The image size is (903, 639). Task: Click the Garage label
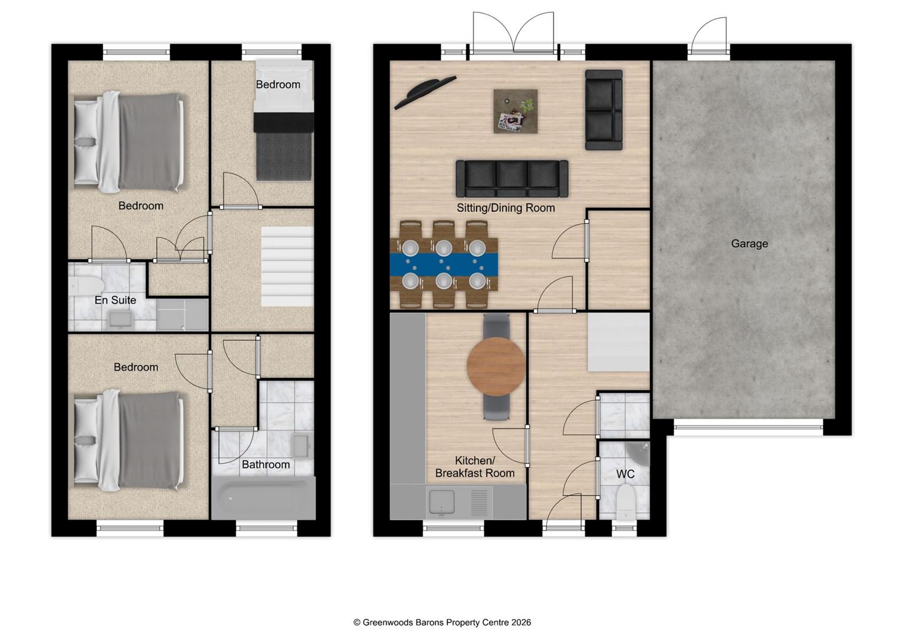coord(749,243)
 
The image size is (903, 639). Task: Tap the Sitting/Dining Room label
coord(506,208)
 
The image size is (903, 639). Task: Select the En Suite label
coord(115,300)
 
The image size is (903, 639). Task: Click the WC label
coord(625,474)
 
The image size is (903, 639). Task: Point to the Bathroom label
coord(266,464)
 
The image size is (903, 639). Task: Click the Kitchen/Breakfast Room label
coord(474,467)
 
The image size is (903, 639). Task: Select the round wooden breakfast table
coord(496,367)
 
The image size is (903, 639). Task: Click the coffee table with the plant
coord(516,111)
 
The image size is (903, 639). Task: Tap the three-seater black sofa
coord(512,179)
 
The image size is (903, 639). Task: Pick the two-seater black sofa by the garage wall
coord(604,110)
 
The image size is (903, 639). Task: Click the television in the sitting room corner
coord(425,91)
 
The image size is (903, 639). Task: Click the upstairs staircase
coord(287,266)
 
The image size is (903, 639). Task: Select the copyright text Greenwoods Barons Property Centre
coord(442,622)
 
